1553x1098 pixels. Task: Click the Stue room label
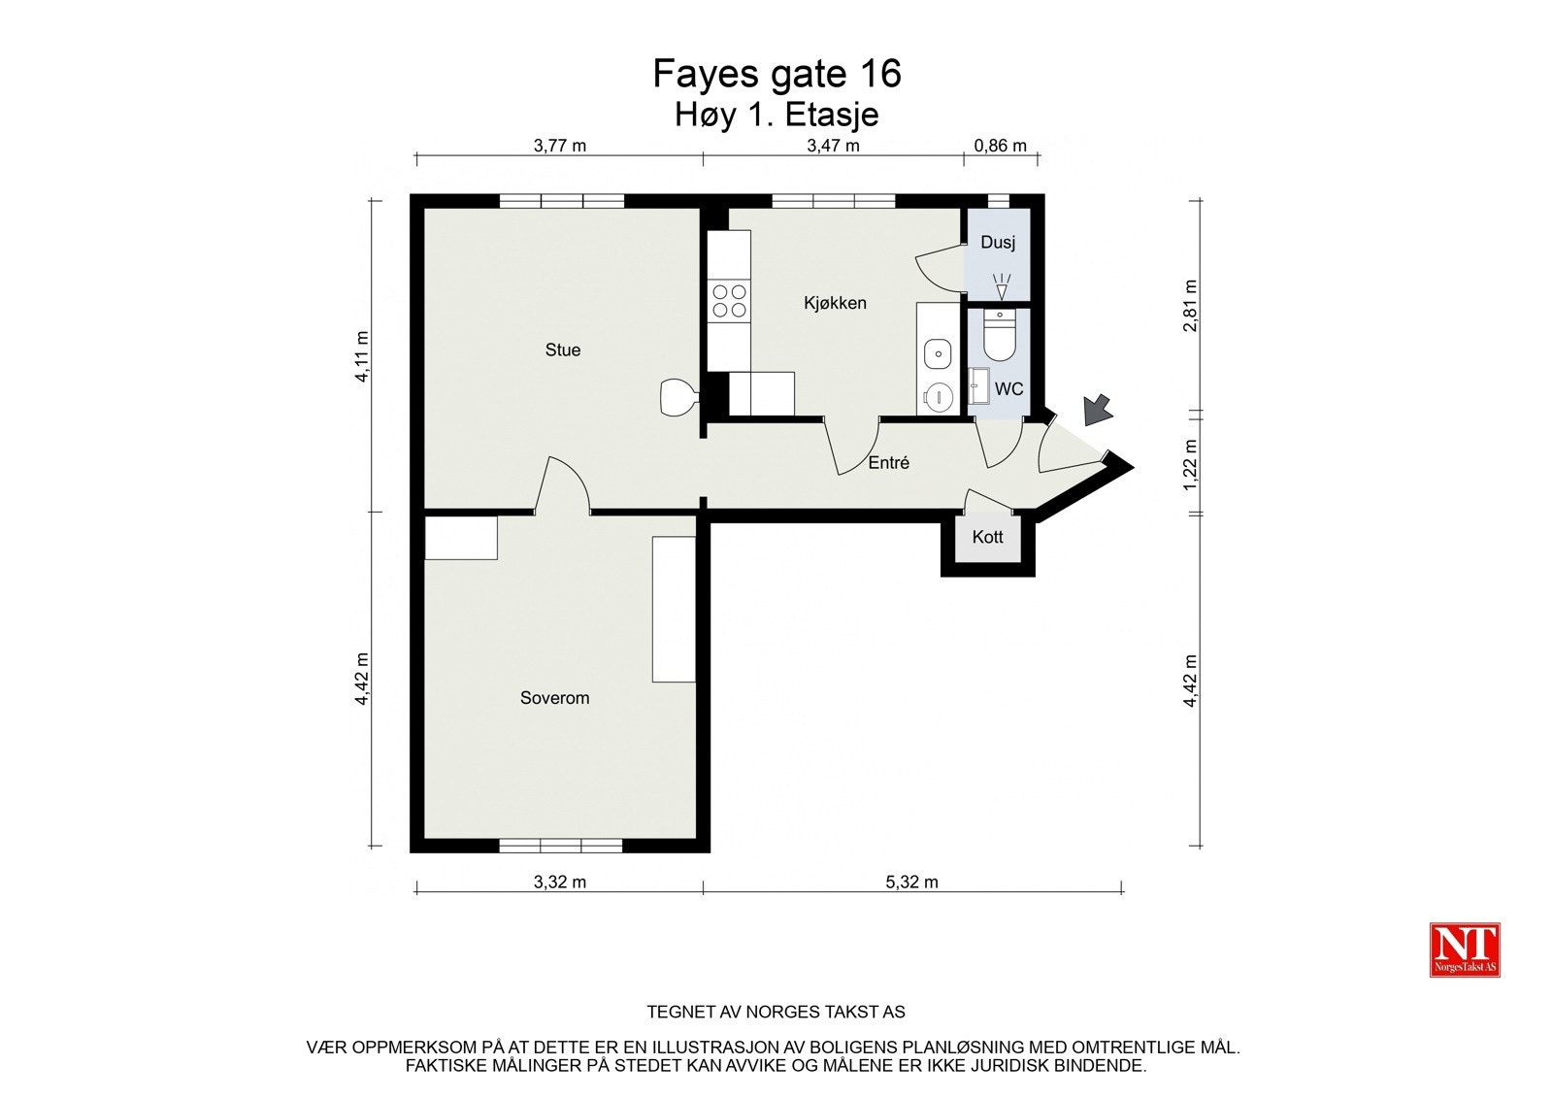point(562,349)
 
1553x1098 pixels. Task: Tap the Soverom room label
point(554,697)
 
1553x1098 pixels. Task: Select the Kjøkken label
point(835,303)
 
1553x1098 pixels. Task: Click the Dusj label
point(997,242)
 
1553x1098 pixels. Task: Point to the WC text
point(1008,389)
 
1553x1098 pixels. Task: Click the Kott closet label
point(987,537)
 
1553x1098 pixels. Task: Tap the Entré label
point(888,463)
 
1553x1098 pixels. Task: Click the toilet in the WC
point(999,335)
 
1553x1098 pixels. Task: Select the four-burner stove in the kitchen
point(729,300)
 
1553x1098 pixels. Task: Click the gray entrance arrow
point(1098,409)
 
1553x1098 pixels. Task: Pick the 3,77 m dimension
point(560,147)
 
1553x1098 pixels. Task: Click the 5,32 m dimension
point(911,882)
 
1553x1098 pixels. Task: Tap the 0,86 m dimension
point(1000,147)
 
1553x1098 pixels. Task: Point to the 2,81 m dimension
point(1191,306)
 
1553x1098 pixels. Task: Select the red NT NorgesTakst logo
point(1465,949)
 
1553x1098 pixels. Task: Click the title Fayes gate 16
point(776,74)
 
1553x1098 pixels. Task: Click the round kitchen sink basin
point(938,353)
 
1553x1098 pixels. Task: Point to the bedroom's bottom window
point(560,846)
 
